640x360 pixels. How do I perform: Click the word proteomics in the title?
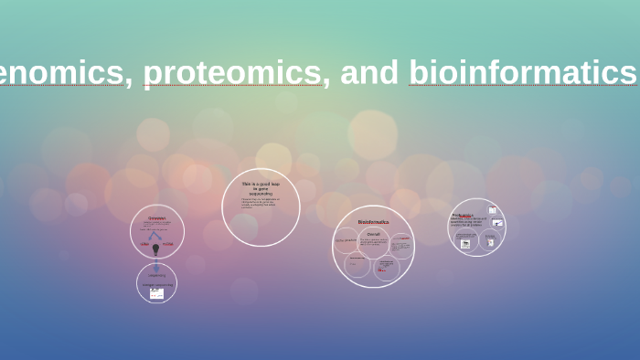pyautogui.click(x=232, y=73)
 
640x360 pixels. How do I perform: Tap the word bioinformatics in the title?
pyautogui.click(x=523, y=73)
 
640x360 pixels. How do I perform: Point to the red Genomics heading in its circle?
pyautogui.click(x=157, y=217)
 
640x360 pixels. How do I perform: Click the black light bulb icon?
pyautogui.click(x=155, y=249)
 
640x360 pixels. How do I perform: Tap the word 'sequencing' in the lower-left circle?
pyautogui.click(x=157, y=275)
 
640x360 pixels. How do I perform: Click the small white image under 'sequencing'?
pyautogui.click(x=156, y=292)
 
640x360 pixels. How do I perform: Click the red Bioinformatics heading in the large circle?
pyautogui.click(x=373, y=222)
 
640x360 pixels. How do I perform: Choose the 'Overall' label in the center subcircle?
pyautogui.click(x=373, y=234)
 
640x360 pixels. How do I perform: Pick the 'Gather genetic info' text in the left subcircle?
pyautogui.click(x=346, y=240)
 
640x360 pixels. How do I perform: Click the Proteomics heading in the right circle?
pyautogui.click(x=463, y=216)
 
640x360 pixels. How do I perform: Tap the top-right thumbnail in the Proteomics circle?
pyautogui.click(x=493, y=210)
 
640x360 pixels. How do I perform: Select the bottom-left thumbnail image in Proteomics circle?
pyautogui.click(x=465, y=243)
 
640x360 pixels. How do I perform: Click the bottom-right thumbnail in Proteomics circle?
pyautogui.click(x=490, y=242)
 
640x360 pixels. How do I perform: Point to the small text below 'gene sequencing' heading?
pyautogui.click(x=260, y=203)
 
